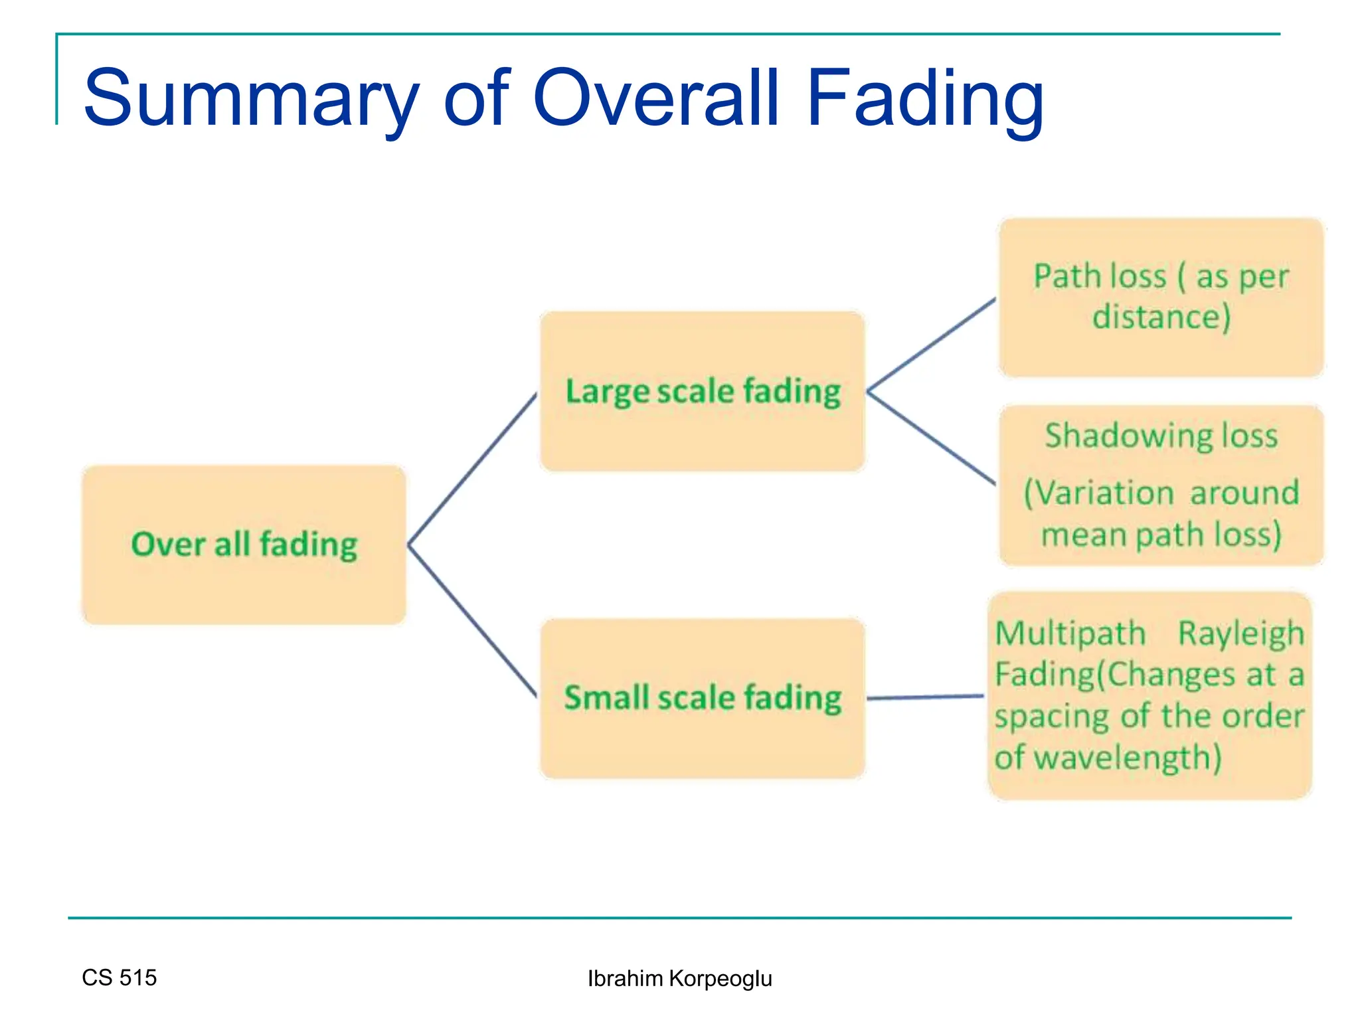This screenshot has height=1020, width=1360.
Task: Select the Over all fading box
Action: [x=244, y=545]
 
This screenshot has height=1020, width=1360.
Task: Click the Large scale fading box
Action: [x=703, y=391]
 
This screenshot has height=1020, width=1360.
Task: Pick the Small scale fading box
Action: [x=703, y=698]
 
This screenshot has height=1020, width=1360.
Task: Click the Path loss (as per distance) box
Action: [x=1161, y=297]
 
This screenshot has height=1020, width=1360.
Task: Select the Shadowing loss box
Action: [x=1161, y=485]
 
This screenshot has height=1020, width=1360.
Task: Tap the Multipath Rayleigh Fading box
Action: [x=1149, y=695]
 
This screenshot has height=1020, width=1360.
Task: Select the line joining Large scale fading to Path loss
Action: [x=932, y=344]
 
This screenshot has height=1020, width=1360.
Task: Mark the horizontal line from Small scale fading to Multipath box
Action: [x=925, y=697]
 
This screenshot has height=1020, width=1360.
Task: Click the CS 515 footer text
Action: [x=120, y=977]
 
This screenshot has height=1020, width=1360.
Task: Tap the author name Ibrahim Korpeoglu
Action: [x=679, y=978]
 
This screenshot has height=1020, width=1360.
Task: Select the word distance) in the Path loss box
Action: [x=1161, y=317]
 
